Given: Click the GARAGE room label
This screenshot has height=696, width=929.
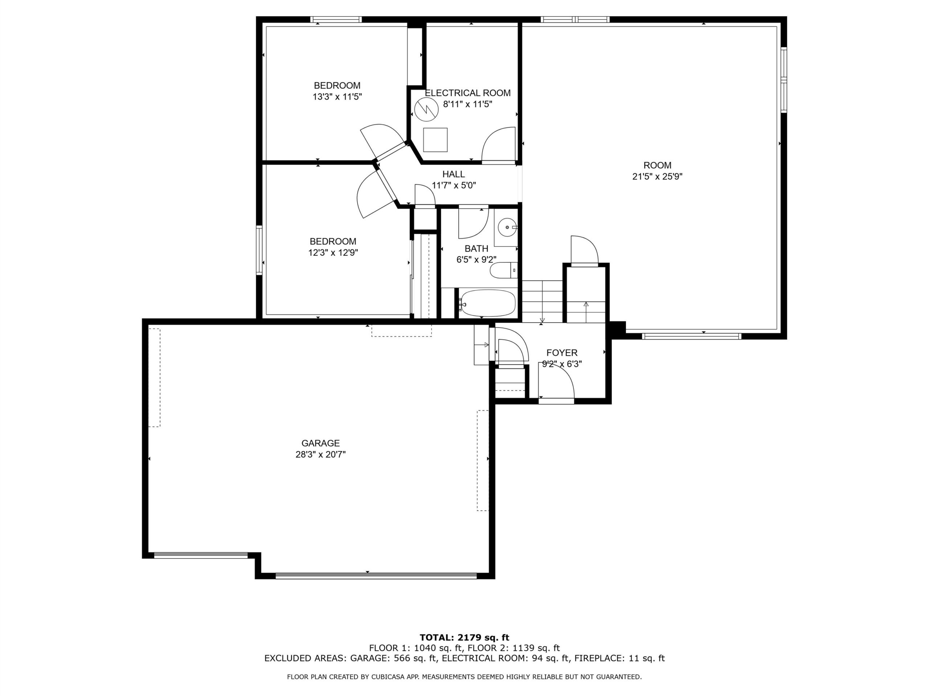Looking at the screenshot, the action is (x=320, y=443).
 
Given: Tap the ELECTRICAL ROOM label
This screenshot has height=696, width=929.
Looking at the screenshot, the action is (x=468, y=93).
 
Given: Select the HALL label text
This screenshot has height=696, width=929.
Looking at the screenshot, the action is (x=454, y=174).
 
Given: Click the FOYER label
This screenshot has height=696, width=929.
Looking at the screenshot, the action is (x=562, y=353).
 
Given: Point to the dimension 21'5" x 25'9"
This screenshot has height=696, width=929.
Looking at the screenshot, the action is (x=657, y=177).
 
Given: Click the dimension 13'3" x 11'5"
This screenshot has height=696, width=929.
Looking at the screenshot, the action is (x=337, y=97).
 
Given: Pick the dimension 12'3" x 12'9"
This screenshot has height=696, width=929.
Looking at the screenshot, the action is (x=333, y=253).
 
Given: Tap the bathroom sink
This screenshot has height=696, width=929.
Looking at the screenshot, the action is (x=507, y=227).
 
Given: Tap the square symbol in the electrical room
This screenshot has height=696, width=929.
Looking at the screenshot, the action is (x=435, y=140).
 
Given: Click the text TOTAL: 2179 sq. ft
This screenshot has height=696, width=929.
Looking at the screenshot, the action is (x=464, y=638).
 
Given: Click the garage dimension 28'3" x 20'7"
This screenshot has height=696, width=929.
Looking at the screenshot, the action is (x=320, y=454).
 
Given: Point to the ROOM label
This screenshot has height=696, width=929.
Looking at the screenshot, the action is (x=657, y=165).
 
